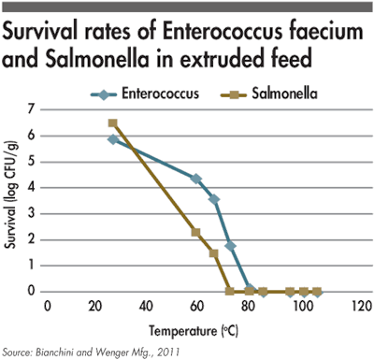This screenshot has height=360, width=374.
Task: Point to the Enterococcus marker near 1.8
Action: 230,245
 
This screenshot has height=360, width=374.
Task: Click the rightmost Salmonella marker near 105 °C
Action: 317,291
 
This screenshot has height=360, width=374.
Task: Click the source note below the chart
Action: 84,352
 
